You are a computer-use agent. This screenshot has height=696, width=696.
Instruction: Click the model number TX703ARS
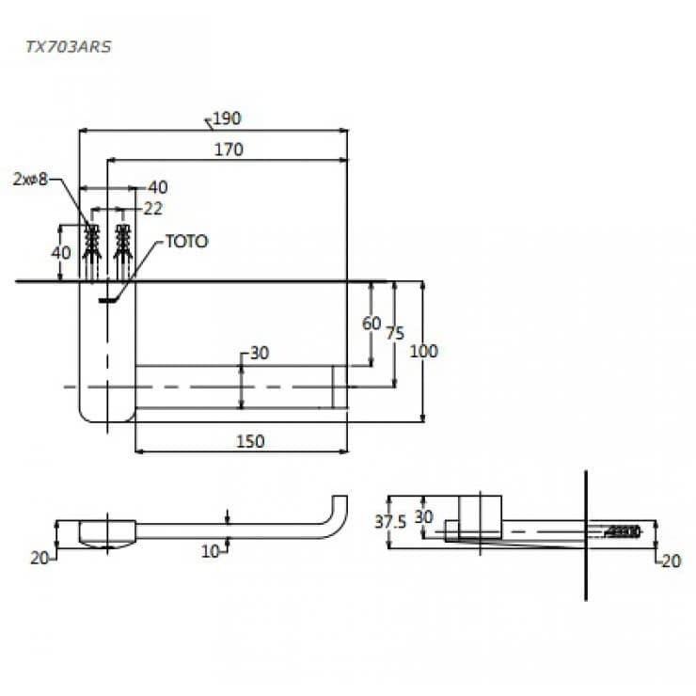(69, 47)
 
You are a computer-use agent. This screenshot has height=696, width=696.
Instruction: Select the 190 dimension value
(227, 119)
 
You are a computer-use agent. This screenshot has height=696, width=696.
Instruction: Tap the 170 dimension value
(229, 150)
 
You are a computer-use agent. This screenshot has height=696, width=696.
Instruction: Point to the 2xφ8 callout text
(30, 180)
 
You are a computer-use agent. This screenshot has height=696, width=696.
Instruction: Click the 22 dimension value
(153, 209)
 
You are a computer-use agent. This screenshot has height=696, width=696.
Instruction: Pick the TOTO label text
(187, 242)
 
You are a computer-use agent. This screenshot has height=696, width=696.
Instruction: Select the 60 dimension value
(372, 324)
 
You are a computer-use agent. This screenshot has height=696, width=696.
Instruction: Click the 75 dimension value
(395, 333)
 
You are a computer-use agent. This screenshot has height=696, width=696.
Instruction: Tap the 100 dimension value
(424, 351)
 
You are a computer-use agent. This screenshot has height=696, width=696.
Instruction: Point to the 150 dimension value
(250, 441)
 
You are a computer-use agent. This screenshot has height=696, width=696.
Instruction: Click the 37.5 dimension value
(390, 522)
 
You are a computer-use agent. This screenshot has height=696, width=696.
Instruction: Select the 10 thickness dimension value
(211, 552)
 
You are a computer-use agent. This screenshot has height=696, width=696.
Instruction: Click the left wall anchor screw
(92, 252)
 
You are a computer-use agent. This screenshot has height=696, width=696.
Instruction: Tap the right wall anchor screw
(122, 252)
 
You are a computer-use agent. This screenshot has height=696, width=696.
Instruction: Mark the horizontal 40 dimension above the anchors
(158, 187)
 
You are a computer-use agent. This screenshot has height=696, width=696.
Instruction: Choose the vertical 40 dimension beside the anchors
(61, 253)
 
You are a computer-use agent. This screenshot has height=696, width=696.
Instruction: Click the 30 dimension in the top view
(260, 353)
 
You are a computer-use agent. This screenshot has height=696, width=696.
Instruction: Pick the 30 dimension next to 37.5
(423, 516)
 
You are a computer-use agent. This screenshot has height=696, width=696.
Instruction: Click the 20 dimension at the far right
(672, 562)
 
